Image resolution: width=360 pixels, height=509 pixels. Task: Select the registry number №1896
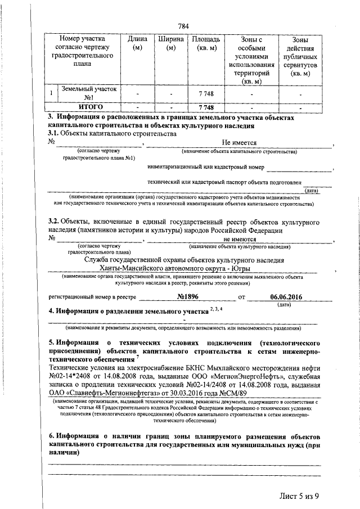tap(189, 296)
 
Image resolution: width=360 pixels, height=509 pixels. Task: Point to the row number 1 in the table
tap(51, 93)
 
